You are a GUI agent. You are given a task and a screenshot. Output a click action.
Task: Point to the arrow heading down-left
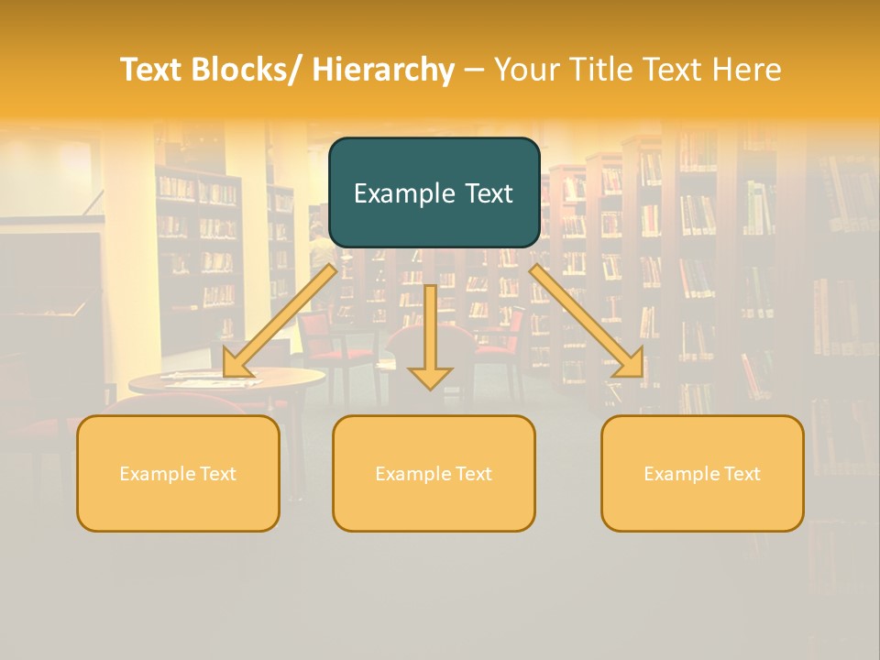coord(280,321)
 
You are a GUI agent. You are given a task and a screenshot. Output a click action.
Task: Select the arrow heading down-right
coord(587,321)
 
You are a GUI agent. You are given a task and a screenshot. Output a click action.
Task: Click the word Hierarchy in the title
coord(383,70)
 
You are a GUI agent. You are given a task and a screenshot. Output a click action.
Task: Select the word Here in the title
coord(747,70)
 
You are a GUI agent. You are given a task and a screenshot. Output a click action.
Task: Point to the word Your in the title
coord(527,70)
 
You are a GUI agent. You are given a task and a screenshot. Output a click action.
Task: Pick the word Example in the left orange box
coord(158,474)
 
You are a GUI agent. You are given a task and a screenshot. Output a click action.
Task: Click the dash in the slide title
coord(475,70)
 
